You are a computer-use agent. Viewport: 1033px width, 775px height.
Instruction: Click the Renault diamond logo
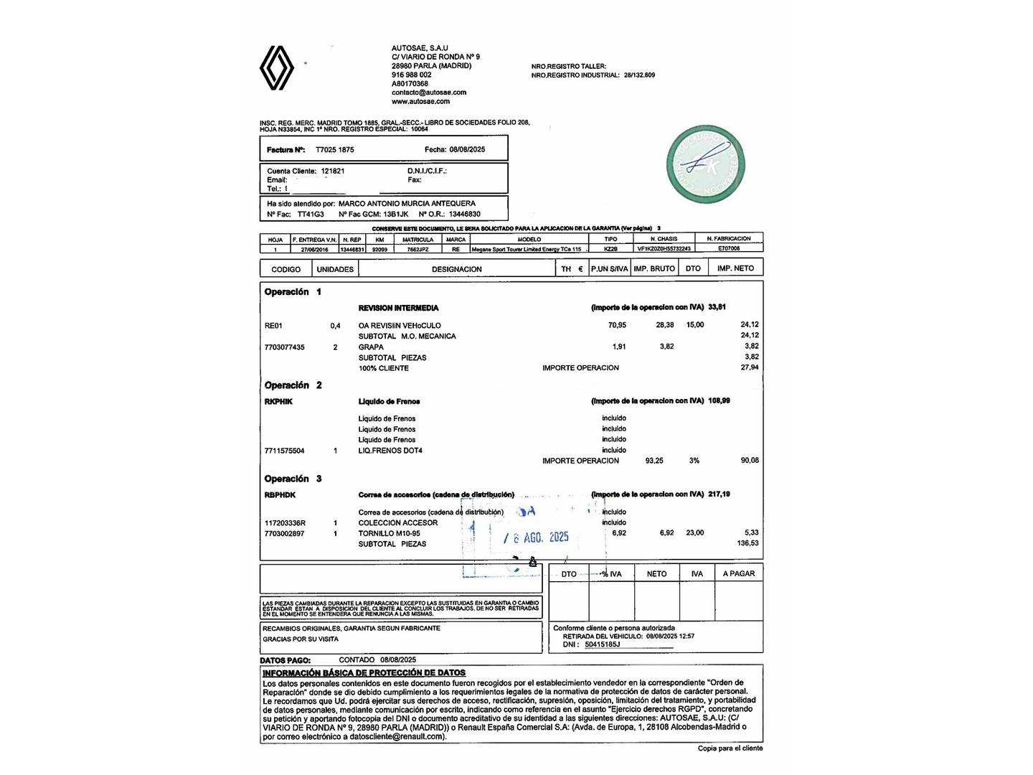pyautogui.click(x=277, y=68)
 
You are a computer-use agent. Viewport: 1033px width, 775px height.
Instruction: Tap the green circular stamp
pyautogui.click(x=705, y=164)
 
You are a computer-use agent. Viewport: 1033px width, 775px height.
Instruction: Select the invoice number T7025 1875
pyautogui.click(x=335, y=150)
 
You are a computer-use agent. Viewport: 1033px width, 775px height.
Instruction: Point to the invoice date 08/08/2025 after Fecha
pyautogui.click(x=467, y=150)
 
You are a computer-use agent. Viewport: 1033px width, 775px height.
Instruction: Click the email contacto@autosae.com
pyautogui.click(x=429, y=93)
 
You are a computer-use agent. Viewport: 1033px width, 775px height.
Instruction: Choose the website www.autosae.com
pyautogui.click(x=420, y=101)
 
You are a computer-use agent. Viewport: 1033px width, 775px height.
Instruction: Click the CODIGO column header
pyautogui.click(x=286, y=269)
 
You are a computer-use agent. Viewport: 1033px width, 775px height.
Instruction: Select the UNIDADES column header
pyautogui.click(x=335, y=269)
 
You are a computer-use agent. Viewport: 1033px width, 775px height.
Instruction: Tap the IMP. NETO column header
pyautogui.click(x=735, y=268)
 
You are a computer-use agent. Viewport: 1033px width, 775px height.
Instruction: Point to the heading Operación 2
pyautogui.click(x=293, y=385)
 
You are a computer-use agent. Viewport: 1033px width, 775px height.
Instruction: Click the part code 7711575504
pyautogui.click(x=284, y=451)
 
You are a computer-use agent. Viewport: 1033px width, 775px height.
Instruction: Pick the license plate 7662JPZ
pyautogui.click(x=418, y=249)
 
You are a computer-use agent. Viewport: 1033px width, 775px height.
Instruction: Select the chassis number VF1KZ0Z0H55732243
pyautogui.click(x=664, y=249)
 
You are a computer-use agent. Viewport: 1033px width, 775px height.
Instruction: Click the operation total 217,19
pyautogui.click(x=719, y=494)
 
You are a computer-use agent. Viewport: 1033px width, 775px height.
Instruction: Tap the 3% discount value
pyautogui.click(x=694, y=461)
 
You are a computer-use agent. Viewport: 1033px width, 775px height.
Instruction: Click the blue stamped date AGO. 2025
pyautogui.click(x=545, y=537)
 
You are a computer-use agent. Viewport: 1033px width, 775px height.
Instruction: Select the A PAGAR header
pyautogui.click(x=738, y=574)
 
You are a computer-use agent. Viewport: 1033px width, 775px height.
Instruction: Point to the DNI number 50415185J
pyautogui.click(x=602, y=644)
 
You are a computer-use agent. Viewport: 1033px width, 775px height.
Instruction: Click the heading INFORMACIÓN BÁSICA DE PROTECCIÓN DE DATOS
pyautogui.click(x=364, y=673)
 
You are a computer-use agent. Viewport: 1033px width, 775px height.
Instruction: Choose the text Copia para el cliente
pyautogui.click(x=730, y=748)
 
